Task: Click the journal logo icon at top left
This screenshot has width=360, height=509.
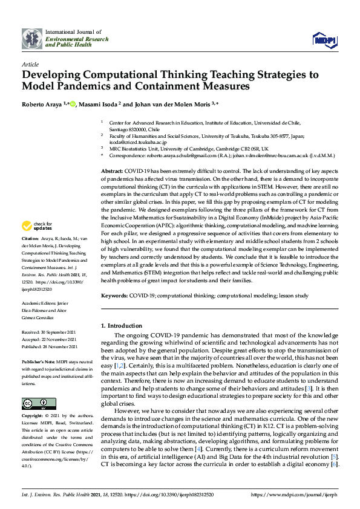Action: point(32,38)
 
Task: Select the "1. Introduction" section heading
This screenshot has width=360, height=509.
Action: point(123,325)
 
